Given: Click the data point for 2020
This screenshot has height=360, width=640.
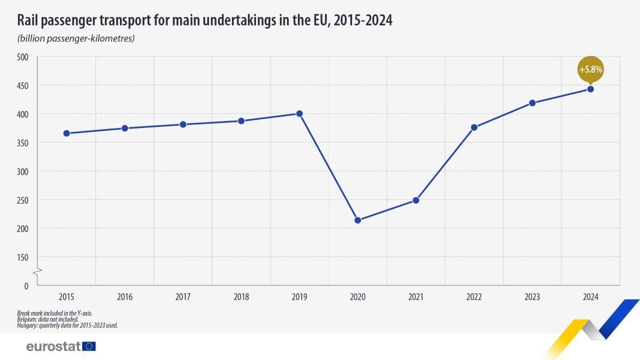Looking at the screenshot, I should tap(358, 220).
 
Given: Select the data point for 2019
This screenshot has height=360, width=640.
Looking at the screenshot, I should tap(299, 114).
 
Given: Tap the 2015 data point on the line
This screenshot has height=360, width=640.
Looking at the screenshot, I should tap(67, 133).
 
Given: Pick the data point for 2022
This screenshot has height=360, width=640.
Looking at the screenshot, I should tap(474, 127).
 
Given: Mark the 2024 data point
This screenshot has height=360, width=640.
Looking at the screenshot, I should tap(590, 89).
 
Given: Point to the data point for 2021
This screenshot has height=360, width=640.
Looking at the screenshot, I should tap(416, 201).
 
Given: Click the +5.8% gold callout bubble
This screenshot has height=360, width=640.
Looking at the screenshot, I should tap(590, 69).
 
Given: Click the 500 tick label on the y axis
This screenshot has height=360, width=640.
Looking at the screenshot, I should tap(23, 57).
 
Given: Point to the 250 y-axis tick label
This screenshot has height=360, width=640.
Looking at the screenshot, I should tap(23, 200).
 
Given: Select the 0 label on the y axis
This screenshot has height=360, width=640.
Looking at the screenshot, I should tap(26, 286).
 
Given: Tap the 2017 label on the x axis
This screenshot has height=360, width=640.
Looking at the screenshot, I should tap(183, 297).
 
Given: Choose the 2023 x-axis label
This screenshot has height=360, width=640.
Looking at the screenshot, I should tap(532, 297).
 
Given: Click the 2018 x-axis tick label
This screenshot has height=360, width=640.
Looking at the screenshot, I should tap(241, 297).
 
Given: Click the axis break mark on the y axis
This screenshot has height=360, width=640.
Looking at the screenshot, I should tap(37, 273).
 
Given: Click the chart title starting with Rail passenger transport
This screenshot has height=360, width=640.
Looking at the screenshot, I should tap(205, 20).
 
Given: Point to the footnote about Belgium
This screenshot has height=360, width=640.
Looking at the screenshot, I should tap(47, 319).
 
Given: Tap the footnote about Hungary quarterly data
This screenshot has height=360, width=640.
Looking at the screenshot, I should tap(67, 325).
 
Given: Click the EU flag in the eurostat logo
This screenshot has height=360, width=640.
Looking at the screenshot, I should tap(89, 347).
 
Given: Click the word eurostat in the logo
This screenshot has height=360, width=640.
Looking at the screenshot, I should tap(53, 347).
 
